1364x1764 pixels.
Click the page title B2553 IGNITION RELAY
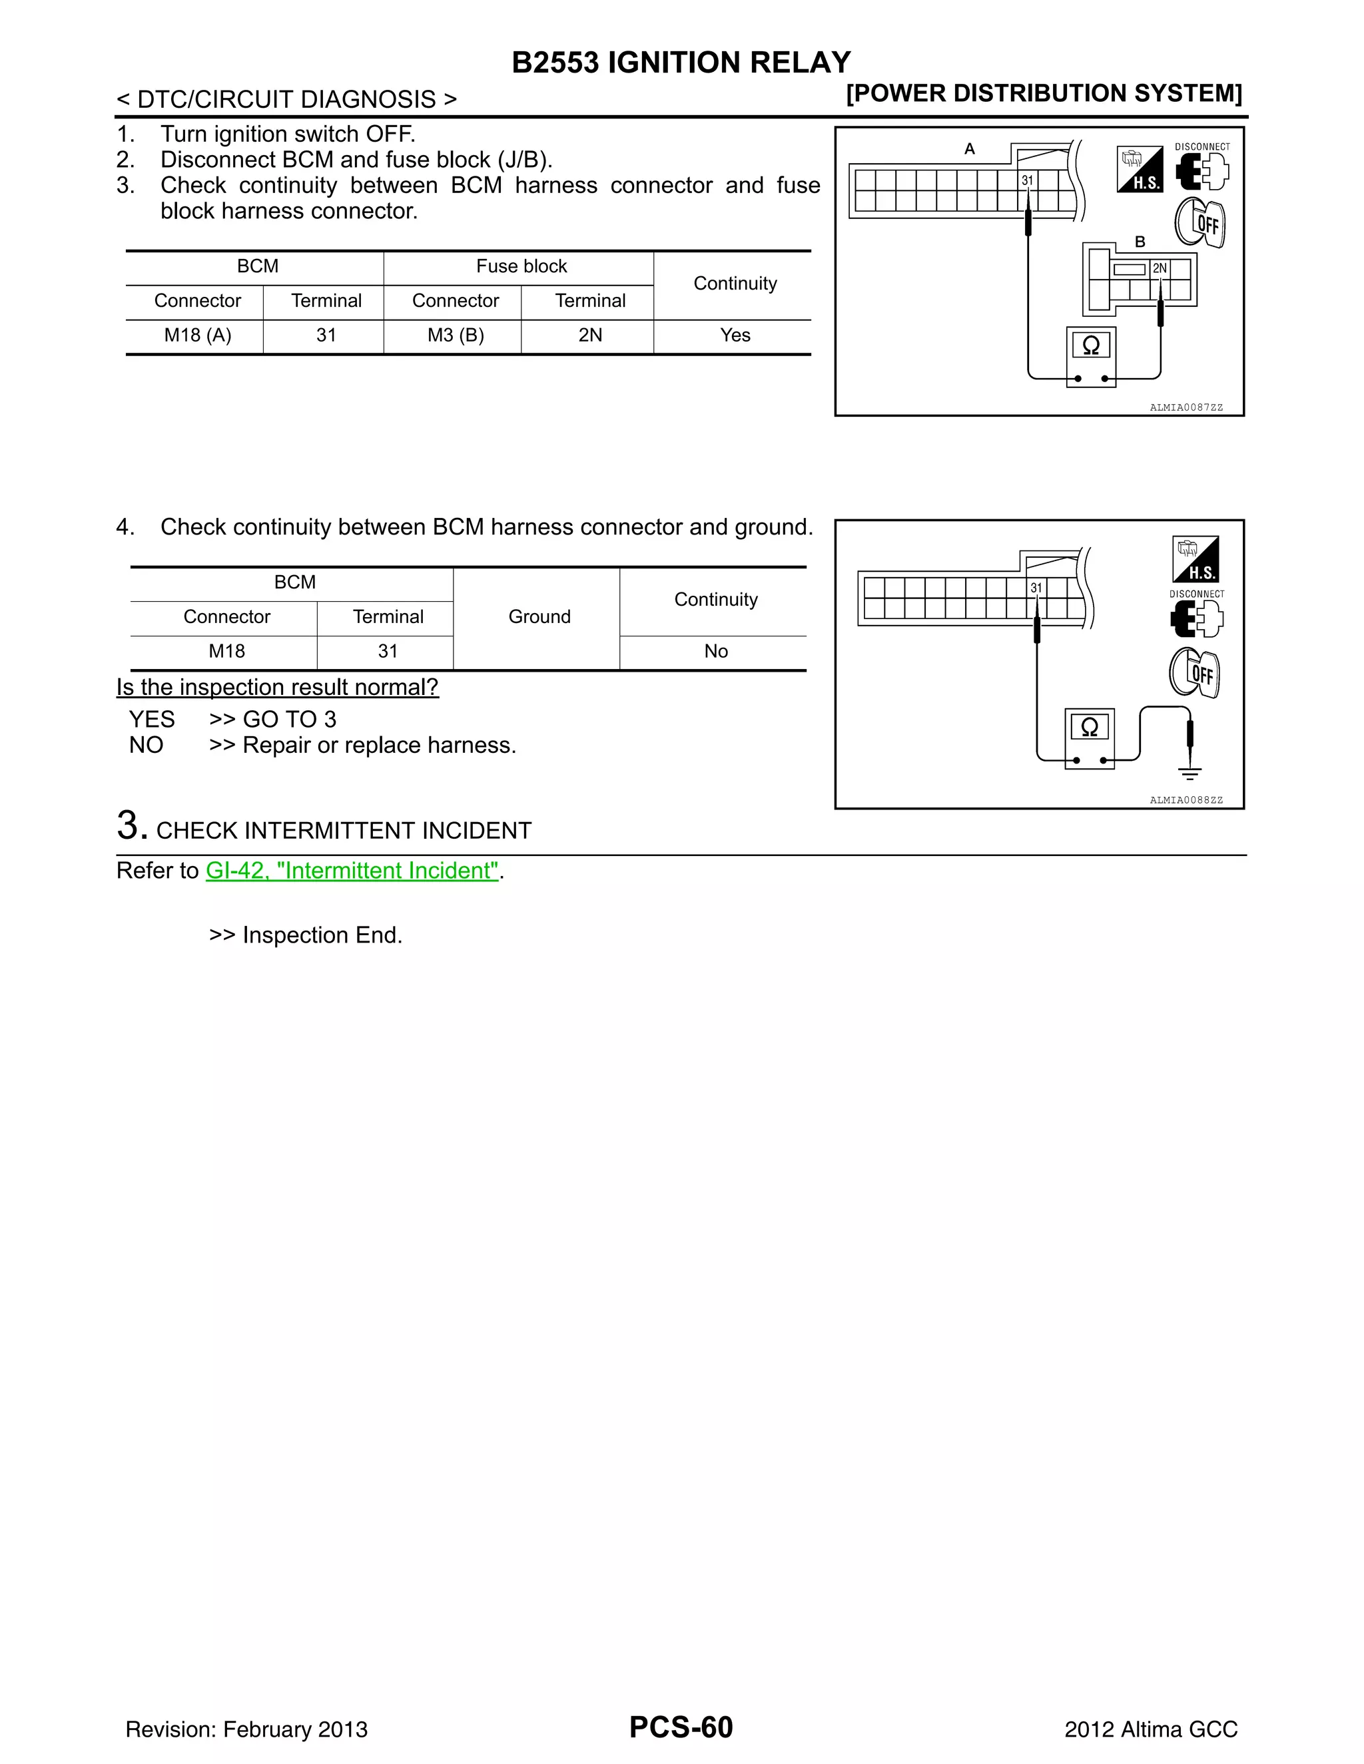(681, 63)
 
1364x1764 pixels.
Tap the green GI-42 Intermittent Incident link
(352, 871)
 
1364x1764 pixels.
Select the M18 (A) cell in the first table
(197, 335)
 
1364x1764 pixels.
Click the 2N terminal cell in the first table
(590, 335)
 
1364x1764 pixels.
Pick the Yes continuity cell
(735, 335)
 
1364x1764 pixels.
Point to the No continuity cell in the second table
(715, 651)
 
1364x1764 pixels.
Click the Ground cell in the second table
(539, 617)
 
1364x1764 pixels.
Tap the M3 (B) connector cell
(455, 335)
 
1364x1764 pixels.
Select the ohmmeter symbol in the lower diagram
(1089, 728)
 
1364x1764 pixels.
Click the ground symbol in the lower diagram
(1190, 773)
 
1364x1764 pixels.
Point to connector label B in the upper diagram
(1140, 242)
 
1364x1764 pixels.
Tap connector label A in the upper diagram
(970, 148)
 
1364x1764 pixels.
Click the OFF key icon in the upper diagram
(1200, 222)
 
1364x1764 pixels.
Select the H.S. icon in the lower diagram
(1195, 560)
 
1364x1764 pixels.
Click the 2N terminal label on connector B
(1160, 268)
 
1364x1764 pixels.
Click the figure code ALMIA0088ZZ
(1186, 800)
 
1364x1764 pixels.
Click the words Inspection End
(322, 935)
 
